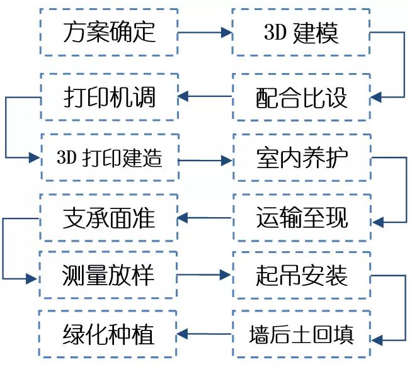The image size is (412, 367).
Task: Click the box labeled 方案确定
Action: point(109,32)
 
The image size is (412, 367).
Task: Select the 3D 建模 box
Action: point(301,32)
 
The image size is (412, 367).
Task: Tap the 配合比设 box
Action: point(301,98)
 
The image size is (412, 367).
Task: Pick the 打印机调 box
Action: point(109,98)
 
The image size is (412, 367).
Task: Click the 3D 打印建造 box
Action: point(109,157)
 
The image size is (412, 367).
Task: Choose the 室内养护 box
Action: point(301,157)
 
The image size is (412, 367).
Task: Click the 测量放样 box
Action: point(109,276)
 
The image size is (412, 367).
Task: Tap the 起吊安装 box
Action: point(301,276)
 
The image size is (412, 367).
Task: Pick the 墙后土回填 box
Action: point(301,333)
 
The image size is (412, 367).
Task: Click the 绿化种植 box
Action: point(109,333)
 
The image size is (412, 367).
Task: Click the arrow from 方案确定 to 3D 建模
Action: point(205,32)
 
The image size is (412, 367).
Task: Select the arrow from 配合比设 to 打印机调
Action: point(205,98)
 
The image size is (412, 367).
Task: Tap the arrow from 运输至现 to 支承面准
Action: point(205,218)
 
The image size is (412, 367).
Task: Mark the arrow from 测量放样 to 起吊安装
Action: point(205,276)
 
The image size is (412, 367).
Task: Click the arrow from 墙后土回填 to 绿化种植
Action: point(205,333)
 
